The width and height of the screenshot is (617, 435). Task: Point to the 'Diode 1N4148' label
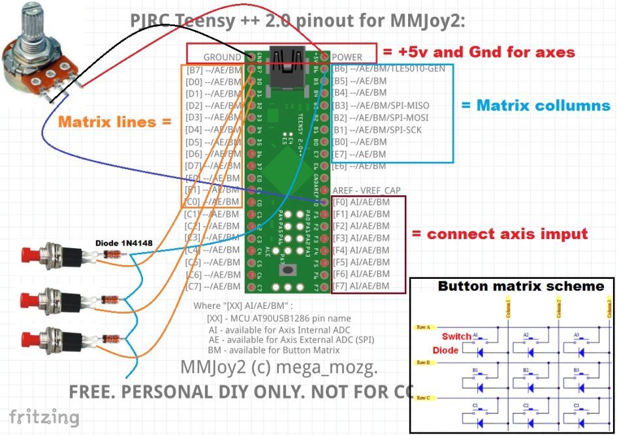pyautogui.click(x=124, y=243)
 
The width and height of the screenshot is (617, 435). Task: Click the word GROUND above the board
pyautogui.click(x=222, y=57)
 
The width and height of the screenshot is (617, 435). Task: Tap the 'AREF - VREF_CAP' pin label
pyautogui.click(x=366, y=190)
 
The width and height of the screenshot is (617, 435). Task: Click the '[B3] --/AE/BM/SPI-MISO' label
pyautogui.click(x=381, y=105)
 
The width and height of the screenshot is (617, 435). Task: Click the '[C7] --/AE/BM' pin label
pyautogui.click(x=212, y=286)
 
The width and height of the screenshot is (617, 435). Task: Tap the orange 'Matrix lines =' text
pyautogui.click(x=115, y=121)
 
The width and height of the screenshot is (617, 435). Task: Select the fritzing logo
pyautogui.click(x=44, y=417)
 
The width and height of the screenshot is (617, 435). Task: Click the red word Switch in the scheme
pyautogui.click(x=456, y=336)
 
